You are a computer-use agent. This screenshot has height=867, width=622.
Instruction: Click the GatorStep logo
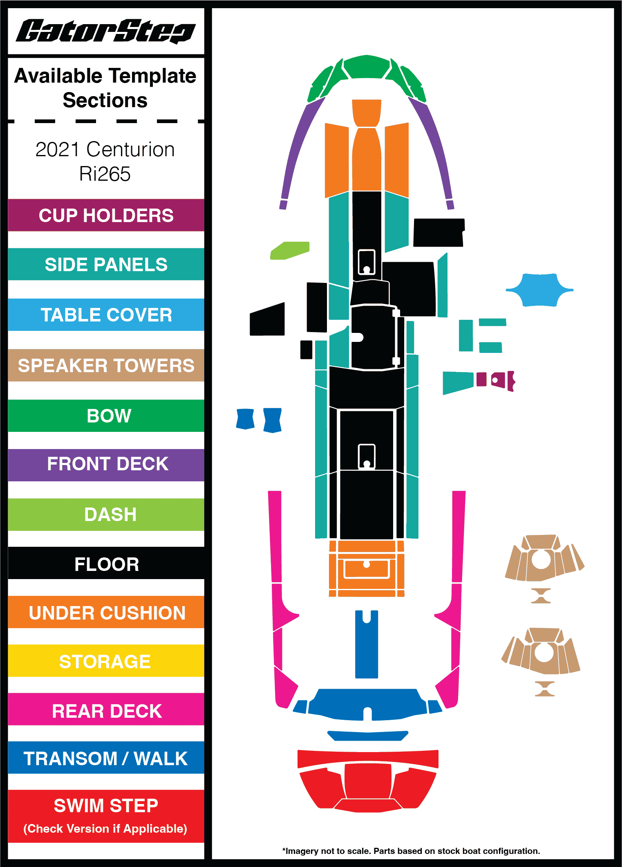pyautogui.click(x=105, y=31)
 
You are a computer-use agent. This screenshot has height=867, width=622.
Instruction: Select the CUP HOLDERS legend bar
pyautogui.click(x=106, y=216)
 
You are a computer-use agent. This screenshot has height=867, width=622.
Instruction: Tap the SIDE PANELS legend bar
pyautogui.click(x=106, y=264)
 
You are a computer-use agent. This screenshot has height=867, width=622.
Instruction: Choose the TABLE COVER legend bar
pyautogui.click(x=106, y=314)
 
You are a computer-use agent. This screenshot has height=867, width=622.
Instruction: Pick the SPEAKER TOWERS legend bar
pyautogui.click(x=106, y=365)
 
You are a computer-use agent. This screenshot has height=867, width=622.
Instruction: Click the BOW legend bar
pyautogui.click(x=106, y=416)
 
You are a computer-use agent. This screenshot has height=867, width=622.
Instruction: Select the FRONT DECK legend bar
pyautogui.click(x=106, y=465)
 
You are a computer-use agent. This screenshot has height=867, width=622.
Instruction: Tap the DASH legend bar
pyautogui.click(x=106, y=514)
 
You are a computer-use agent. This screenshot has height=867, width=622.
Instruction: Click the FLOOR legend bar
pyautogui.click(x=106, y=564)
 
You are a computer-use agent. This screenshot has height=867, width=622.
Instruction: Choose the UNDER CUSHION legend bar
pyautogui.click(x=106, y=612)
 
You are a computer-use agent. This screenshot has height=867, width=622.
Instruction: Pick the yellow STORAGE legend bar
pyautogui.click(x=106, y=661)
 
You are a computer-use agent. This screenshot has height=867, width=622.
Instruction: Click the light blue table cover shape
pyautogui.click(x=539, y=290)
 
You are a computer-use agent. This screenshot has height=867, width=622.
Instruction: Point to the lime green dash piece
pyautogui.click(x=289, y=250)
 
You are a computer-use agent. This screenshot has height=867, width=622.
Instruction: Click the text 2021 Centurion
pyautogui.click(x=105, y=150)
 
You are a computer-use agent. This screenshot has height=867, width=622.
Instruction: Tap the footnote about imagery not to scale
pyautogui.click(x=411, y=851)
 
